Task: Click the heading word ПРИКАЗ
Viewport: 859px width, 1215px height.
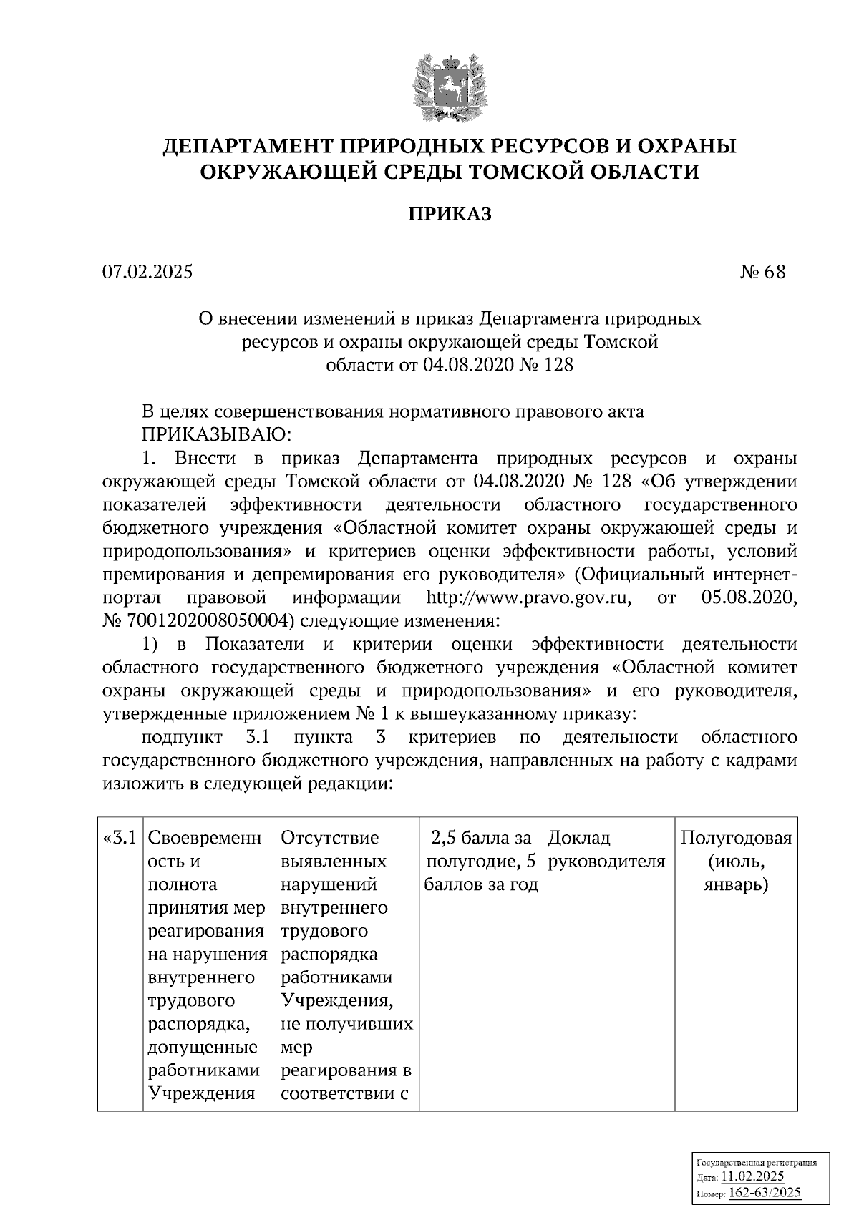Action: point(450,214)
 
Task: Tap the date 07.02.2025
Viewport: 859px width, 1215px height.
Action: point(147,273)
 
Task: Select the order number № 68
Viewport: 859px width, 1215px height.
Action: point(762,273)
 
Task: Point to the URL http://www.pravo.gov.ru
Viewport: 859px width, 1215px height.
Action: point(528,598)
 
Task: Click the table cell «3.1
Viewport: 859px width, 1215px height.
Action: point(120,838)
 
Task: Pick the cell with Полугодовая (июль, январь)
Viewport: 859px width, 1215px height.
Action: point(736,862)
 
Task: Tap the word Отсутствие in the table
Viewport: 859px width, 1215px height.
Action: point(330,838)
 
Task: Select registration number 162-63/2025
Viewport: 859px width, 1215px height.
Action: point(765,1193)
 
